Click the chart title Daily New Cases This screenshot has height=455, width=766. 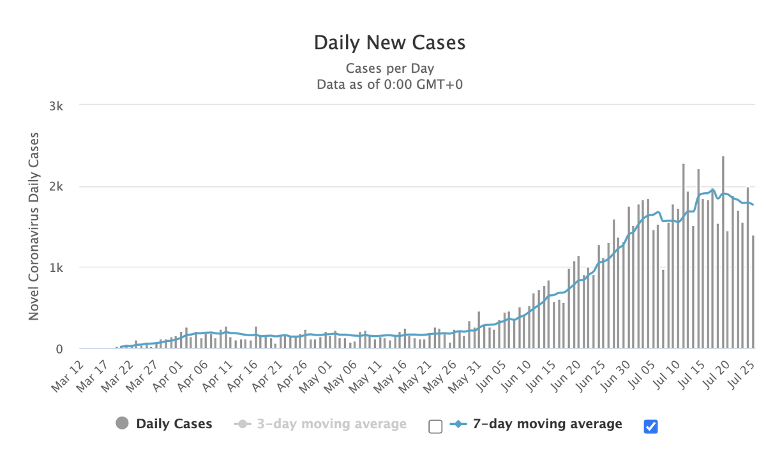tap(389, 43)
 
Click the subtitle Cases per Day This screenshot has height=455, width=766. tap(389, 68)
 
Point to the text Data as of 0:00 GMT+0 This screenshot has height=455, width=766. tap(389, 84)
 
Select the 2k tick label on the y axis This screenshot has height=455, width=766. tap(56, 187)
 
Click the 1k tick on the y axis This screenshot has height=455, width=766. tap(56, 268)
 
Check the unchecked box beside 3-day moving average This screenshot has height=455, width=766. tap(435, 426)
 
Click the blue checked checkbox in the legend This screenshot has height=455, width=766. tap(651, 426)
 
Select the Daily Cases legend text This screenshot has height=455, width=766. tap(174, 424)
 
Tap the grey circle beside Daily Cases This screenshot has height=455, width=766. tap(123, 423)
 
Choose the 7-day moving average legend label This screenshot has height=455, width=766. tap(547, 424)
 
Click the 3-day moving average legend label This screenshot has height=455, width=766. tap(331, 424)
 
